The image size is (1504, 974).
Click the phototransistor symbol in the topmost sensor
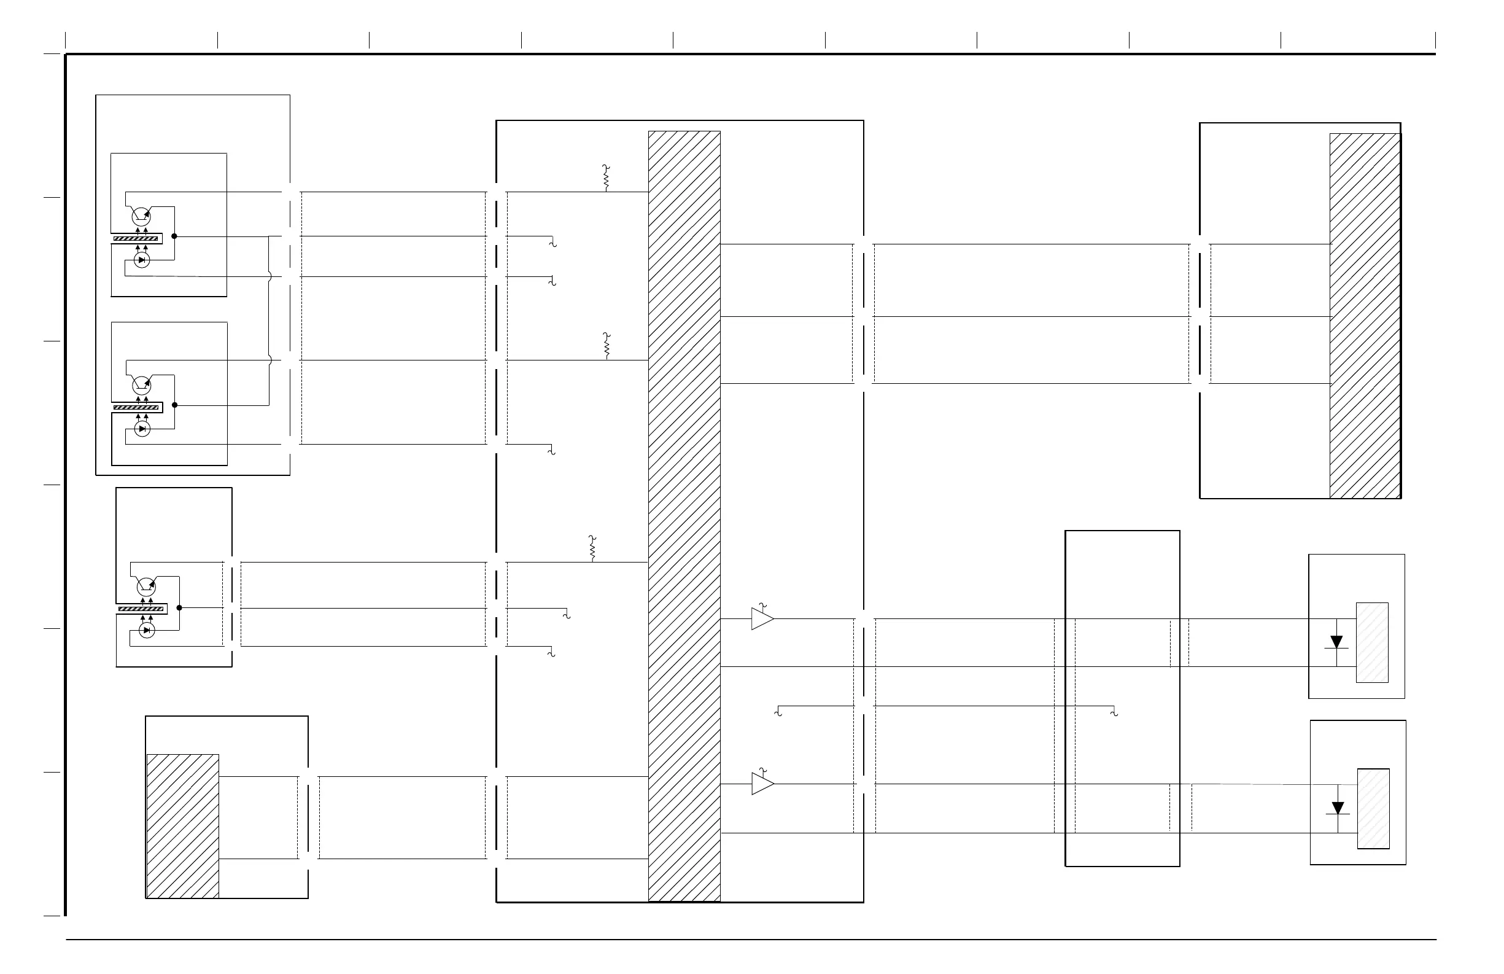141,217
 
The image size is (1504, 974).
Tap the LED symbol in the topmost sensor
142,260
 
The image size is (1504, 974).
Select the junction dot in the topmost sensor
174,236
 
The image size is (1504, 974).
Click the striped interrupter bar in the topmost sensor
136,238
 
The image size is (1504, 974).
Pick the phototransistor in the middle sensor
142,385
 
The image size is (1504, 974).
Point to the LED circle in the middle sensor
143,429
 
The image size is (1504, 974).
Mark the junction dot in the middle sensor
175,405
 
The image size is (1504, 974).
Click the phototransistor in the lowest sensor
147,587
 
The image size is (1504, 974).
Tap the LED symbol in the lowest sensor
147,630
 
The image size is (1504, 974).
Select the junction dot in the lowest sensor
179,608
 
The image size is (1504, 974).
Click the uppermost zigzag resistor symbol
606,178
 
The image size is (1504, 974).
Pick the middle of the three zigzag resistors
607,346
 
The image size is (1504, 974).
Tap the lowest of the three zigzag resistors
592,548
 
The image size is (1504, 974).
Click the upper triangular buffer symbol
761,619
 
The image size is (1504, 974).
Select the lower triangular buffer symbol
762,784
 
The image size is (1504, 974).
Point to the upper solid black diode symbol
1336,642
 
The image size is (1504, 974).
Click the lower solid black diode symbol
1338,808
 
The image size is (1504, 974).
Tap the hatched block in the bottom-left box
183,825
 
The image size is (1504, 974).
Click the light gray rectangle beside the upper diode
1372,642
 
